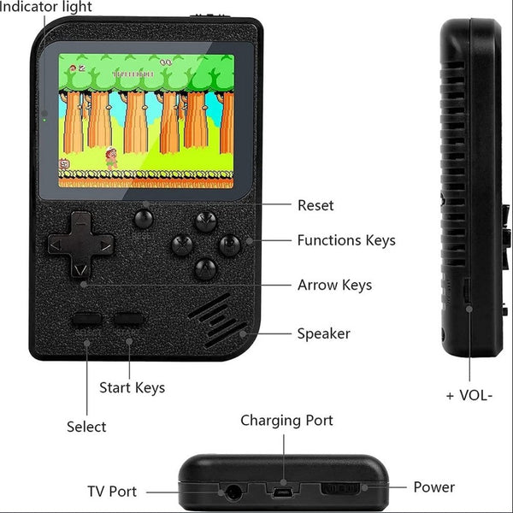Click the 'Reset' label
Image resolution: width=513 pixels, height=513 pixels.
(x=315, y=205)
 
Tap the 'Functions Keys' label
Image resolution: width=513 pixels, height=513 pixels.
(x=346, y=240)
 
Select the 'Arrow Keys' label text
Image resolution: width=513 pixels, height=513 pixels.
(x=334, y=285)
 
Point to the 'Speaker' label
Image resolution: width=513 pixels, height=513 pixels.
(x=323, y=333)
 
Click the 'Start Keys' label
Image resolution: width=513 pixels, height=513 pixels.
(x=133, y=387)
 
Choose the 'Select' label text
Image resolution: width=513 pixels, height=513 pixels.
(x=86, y=426)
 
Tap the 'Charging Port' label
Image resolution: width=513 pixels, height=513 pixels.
(x=286, y=420)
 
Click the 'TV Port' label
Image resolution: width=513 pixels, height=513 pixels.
(x=112, y=492)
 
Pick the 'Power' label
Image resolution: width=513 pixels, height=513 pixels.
(x=433, y=487)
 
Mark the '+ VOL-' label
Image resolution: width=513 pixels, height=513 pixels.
(x=469, y=396)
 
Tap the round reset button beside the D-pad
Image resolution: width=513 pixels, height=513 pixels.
(x=144, y=218)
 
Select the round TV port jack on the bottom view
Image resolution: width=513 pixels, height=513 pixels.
(x=231, y=492)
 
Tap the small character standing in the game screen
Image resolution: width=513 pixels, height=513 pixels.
(x=110, y=158)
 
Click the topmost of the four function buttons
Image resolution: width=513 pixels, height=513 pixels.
(x=205, y=223)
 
